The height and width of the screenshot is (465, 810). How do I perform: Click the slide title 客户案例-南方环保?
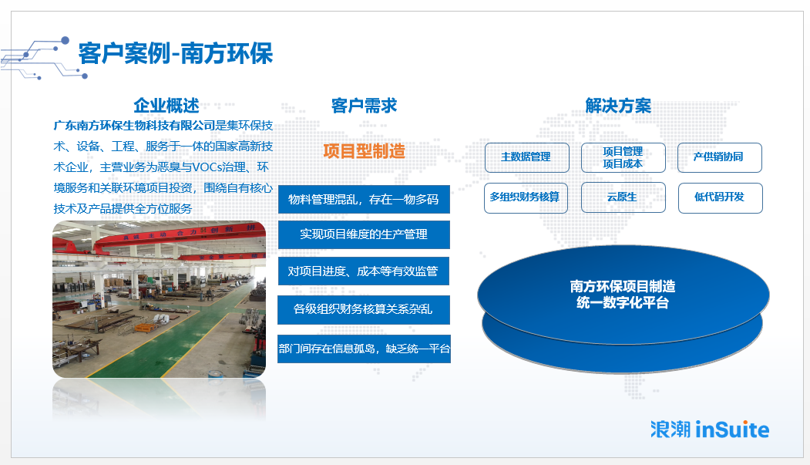point(176,54)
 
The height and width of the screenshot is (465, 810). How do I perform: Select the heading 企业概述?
point(166,106)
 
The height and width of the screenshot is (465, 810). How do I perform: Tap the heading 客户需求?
point(365,106)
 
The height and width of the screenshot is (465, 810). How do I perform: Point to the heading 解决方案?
point(618,106)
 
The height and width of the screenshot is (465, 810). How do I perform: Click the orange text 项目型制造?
point(365,151)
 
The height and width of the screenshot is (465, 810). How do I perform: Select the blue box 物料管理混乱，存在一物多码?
point(364,200)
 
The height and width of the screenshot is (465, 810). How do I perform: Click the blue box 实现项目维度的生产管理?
point(364,234)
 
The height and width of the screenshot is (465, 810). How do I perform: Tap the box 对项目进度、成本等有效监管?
point(364,271)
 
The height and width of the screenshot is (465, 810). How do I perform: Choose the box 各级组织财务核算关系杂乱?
point(364,309)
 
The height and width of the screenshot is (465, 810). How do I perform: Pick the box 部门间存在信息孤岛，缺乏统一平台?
point(365,349)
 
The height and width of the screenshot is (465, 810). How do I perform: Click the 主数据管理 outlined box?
point(527,157)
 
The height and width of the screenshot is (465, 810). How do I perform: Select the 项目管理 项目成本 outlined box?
point(623,157)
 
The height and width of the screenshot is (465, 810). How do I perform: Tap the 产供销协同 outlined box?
point(720,157)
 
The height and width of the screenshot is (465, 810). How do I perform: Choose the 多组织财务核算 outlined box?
point(526,198)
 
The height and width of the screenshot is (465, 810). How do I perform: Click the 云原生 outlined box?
point(623,198)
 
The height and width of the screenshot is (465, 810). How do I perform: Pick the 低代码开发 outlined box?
point(720,198)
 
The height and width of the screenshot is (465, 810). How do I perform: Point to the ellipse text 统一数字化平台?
point(623,303)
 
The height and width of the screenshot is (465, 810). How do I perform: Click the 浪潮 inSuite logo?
point(710,430)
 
